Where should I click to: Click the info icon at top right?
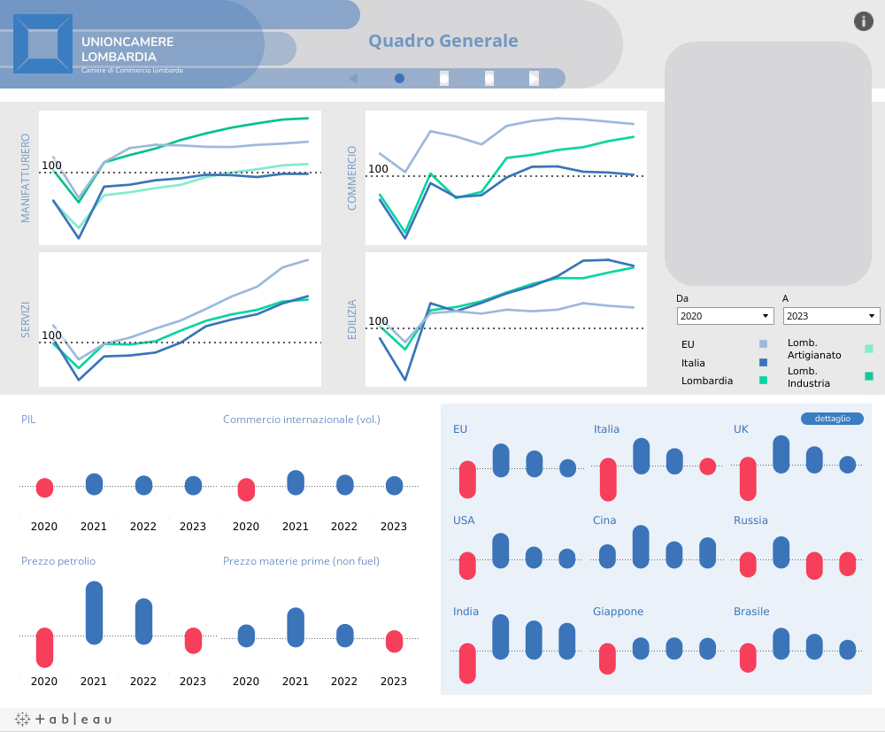tap(863, 21)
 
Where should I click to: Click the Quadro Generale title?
tap(442, 41)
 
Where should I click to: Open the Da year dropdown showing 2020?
tap(725, 316)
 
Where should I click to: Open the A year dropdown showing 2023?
tap(831, 316)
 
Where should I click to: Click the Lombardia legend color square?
tap(763, 381)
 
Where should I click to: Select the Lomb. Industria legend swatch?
tap(869, 376)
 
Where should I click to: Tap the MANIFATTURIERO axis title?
tap(26, 178)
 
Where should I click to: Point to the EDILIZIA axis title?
tap(352, 320)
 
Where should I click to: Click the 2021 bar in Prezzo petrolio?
tap(94, 613)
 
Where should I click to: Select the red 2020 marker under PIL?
tap(44, 487)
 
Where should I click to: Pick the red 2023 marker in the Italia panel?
tap(707, 466)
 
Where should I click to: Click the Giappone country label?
tap(618, 612)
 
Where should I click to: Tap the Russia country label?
tap(750, 520)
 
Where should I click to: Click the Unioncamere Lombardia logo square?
tap(43, 43)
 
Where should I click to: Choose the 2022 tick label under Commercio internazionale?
tap(344, 527)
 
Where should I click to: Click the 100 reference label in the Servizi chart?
tap(51, 335)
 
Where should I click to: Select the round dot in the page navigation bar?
tap(400, 78)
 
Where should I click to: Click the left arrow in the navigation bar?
tap(353, 78)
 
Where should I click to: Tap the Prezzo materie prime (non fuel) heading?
tap(302, 561)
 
